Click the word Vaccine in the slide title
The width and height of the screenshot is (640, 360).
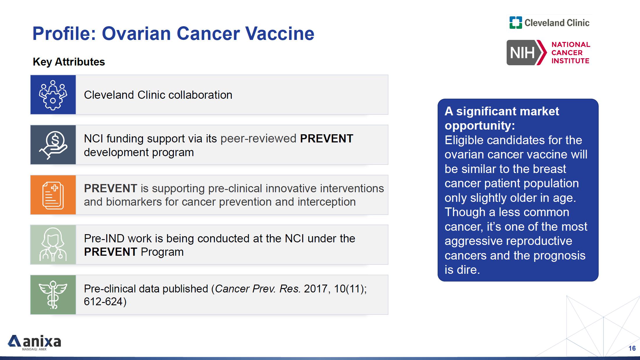click(280, 33)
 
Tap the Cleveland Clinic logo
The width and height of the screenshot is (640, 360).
click(549, 23)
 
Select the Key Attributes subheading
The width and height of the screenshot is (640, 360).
click(69, 62)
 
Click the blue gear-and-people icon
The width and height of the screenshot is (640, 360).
click(53, 95)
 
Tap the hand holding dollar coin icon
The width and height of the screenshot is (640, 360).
click(53, 145)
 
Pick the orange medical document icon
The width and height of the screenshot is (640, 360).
click(53, 195)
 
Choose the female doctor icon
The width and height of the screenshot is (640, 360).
click(53, 245)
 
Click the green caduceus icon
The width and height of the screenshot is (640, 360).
click(53, 295)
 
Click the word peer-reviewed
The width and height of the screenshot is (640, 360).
click(258, 139)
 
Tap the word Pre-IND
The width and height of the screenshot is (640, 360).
click(104, 239)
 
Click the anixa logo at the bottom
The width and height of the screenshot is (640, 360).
click(34, 342)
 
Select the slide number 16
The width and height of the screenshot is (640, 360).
click(632, 348)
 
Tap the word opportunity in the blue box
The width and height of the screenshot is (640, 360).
click(478, 126)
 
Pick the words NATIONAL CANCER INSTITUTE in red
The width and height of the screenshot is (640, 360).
click(571, 53)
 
